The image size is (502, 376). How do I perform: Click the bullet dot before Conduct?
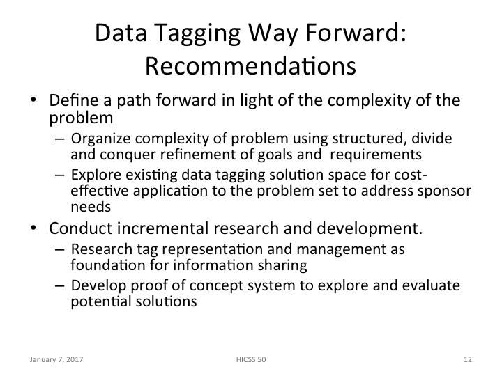[33, 229]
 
